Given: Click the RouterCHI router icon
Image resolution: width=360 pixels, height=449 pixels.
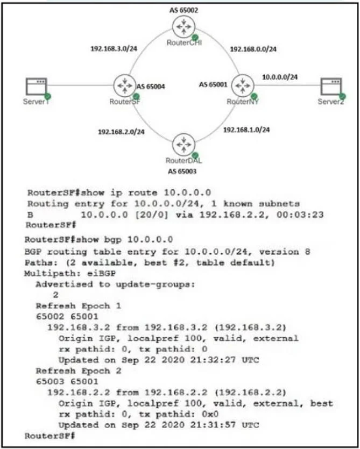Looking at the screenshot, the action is [x=183, y=27].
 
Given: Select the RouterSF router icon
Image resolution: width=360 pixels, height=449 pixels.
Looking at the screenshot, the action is [x=125, y=85].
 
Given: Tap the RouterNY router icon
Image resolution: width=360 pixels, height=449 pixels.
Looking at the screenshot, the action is [x=243, y=85].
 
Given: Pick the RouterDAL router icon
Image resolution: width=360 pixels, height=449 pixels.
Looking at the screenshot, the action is [x=183, y=145].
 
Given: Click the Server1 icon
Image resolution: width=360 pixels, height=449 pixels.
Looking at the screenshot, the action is [x=37, y=87].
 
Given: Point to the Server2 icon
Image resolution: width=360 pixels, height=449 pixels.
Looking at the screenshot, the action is [x=331, y=87].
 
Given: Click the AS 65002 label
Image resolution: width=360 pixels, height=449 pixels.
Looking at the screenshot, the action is [x=183, y=10].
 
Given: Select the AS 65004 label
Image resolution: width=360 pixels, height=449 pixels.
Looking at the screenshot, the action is [x=151, y=87].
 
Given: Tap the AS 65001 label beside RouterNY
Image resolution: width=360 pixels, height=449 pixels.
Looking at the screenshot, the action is [x=213, y=84].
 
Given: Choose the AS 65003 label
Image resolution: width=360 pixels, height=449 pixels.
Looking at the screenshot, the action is [x=182, y=172].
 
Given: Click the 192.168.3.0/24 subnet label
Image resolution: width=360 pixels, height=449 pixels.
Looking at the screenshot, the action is [x=114, y=49].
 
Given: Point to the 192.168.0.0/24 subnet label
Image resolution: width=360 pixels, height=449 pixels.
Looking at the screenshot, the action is [x=253, y=49].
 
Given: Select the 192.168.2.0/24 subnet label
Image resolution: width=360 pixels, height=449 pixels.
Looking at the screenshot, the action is [x=121, y=132].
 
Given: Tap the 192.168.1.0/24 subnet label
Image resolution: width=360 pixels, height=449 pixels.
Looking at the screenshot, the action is [x=246, y=130].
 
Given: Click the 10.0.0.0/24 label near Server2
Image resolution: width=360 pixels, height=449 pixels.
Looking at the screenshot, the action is [x=280, y=77].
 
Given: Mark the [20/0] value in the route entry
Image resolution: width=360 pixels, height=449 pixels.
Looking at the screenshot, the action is [x=151, y=215].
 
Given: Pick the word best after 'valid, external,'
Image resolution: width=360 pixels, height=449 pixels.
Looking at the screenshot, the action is [x=322, y=403].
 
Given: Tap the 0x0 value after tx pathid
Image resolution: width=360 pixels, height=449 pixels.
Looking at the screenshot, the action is [x=210, y=414].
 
